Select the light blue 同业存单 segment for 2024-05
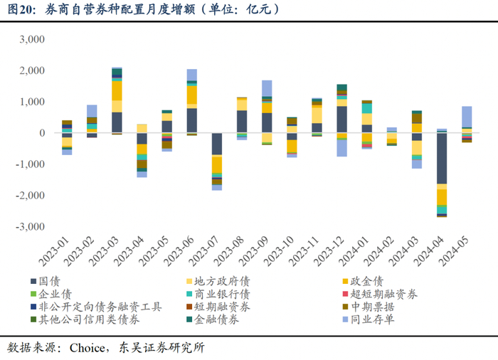pos(467,117)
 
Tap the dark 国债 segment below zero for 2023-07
pos(216,144)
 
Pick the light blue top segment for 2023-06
pos(191,75)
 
